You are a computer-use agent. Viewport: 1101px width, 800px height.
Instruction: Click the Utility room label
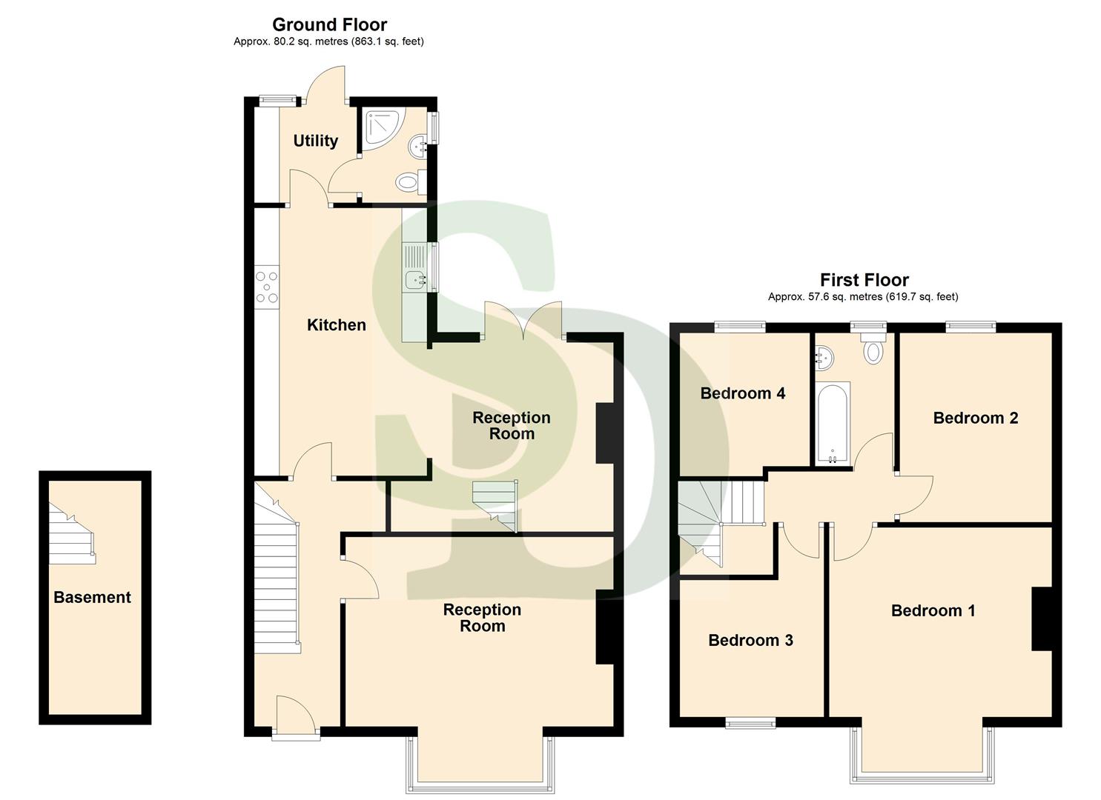315,141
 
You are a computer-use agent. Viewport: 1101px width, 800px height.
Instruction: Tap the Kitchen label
336,325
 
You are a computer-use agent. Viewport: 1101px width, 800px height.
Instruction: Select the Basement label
92,598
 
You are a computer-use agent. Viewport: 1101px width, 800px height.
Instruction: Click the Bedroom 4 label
742,393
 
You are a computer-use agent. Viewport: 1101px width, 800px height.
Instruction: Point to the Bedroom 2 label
975,418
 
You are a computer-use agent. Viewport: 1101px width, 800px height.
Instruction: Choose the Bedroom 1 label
933,610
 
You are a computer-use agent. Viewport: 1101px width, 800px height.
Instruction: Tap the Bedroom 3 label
750,641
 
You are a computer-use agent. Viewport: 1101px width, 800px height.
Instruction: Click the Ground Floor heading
329,24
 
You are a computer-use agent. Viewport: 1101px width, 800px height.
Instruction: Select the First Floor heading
864,280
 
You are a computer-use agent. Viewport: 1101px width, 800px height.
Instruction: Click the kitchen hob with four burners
267,287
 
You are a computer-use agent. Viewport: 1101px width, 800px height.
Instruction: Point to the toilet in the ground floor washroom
409,181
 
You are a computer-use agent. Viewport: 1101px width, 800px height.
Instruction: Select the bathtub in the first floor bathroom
833,424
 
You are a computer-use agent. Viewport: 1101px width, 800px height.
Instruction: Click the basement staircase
72,534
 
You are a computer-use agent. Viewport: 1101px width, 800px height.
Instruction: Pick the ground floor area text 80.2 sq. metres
328,42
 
